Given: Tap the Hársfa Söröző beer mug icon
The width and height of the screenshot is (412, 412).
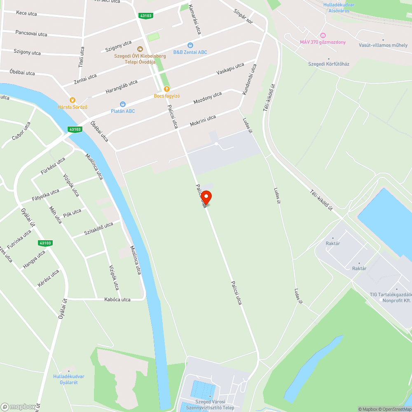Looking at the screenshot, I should tap(73, 100).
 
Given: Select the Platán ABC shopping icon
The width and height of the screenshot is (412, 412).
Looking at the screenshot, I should tap(122, 104).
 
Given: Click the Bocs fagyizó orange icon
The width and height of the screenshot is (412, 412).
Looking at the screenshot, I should tap(166, 89).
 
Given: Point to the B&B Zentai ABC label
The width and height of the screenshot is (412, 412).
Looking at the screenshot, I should tap(190, 52).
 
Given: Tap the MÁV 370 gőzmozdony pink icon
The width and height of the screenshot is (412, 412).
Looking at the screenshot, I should tap(322, 35).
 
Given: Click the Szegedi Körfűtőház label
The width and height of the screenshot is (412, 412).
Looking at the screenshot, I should tap(329, 64).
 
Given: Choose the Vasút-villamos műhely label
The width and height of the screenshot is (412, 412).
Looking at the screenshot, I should tap(383, 45).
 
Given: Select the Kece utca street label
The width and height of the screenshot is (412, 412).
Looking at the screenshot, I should tap(26, 14).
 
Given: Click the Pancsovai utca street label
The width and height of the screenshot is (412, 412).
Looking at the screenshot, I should tap(31, 33).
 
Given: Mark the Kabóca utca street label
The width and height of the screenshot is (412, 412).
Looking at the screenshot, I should tap(117, 300).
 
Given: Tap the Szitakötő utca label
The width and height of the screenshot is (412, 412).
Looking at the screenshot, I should tap(98, 228).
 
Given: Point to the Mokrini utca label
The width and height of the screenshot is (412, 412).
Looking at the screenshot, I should tap(203, 121).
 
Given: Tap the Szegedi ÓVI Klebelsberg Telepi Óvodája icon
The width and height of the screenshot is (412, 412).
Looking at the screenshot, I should tap(140, 49).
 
